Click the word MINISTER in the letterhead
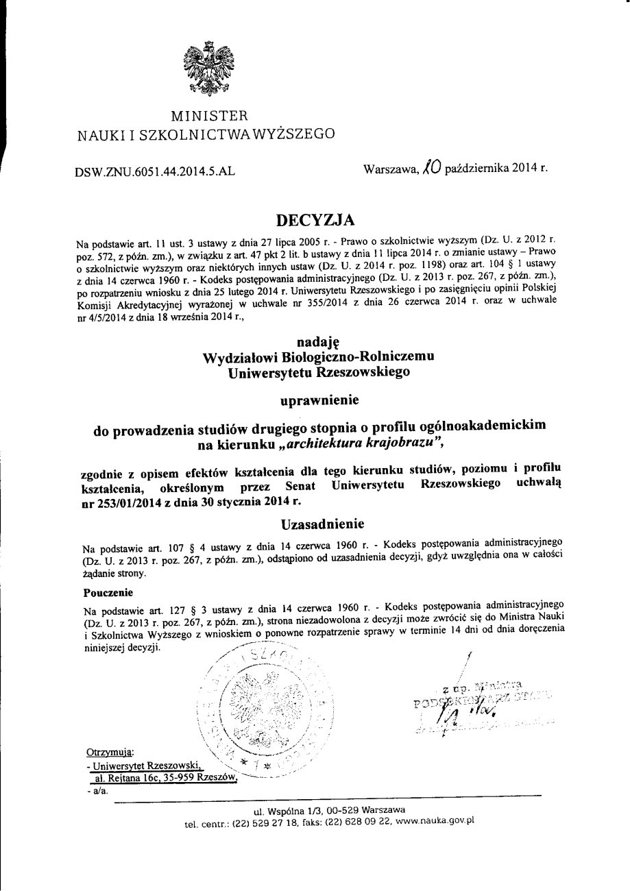(x=209, y=115)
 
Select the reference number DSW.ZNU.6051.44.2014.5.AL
(x=155, y=173)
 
